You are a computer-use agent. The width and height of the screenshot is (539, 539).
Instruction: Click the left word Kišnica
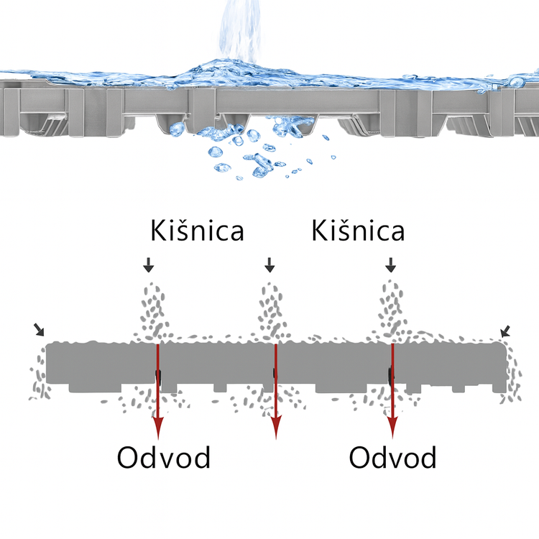pyautogui.click(x=198, y=230)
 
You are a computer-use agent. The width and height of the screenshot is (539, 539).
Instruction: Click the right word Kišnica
pyautogui.click(x=358, y=230)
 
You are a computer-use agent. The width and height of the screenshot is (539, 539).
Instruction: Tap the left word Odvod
pyautogui.click(x=164, y=457)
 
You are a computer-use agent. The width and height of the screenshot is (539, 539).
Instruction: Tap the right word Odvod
pyautogui.click(x=392, y=457)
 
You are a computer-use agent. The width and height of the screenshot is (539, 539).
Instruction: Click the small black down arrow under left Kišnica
pyautogui.click(x=149, y=264)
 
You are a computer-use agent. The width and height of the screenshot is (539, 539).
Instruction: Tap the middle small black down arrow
pyautogui.click(x=269, y=264)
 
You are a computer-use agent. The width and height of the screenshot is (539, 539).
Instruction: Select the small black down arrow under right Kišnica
pyautogui.click(x=390, y=264)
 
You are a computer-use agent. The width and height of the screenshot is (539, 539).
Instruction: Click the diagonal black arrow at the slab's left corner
pyautogui.click(x=40, y=330)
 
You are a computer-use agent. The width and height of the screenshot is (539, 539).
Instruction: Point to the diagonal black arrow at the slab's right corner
pyautogui.click(x=505, y=332)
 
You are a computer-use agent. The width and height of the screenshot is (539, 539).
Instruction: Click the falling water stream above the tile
pyautogui.click(x=240, y=32)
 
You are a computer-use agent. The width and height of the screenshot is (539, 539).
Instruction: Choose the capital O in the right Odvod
pyautogui.click(x=359, y=457)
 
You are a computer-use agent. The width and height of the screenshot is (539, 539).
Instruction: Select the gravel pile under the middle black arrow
pyautogui.click(x=272, y=310)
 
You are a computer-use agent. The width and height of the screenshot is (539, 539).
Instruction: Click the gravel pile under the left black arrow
pyautogui.click(x=152, y=311)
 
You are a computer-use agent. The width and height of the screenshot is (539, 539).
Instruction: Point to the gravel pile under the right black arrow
pyautogui.click(x=391, y=309)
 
